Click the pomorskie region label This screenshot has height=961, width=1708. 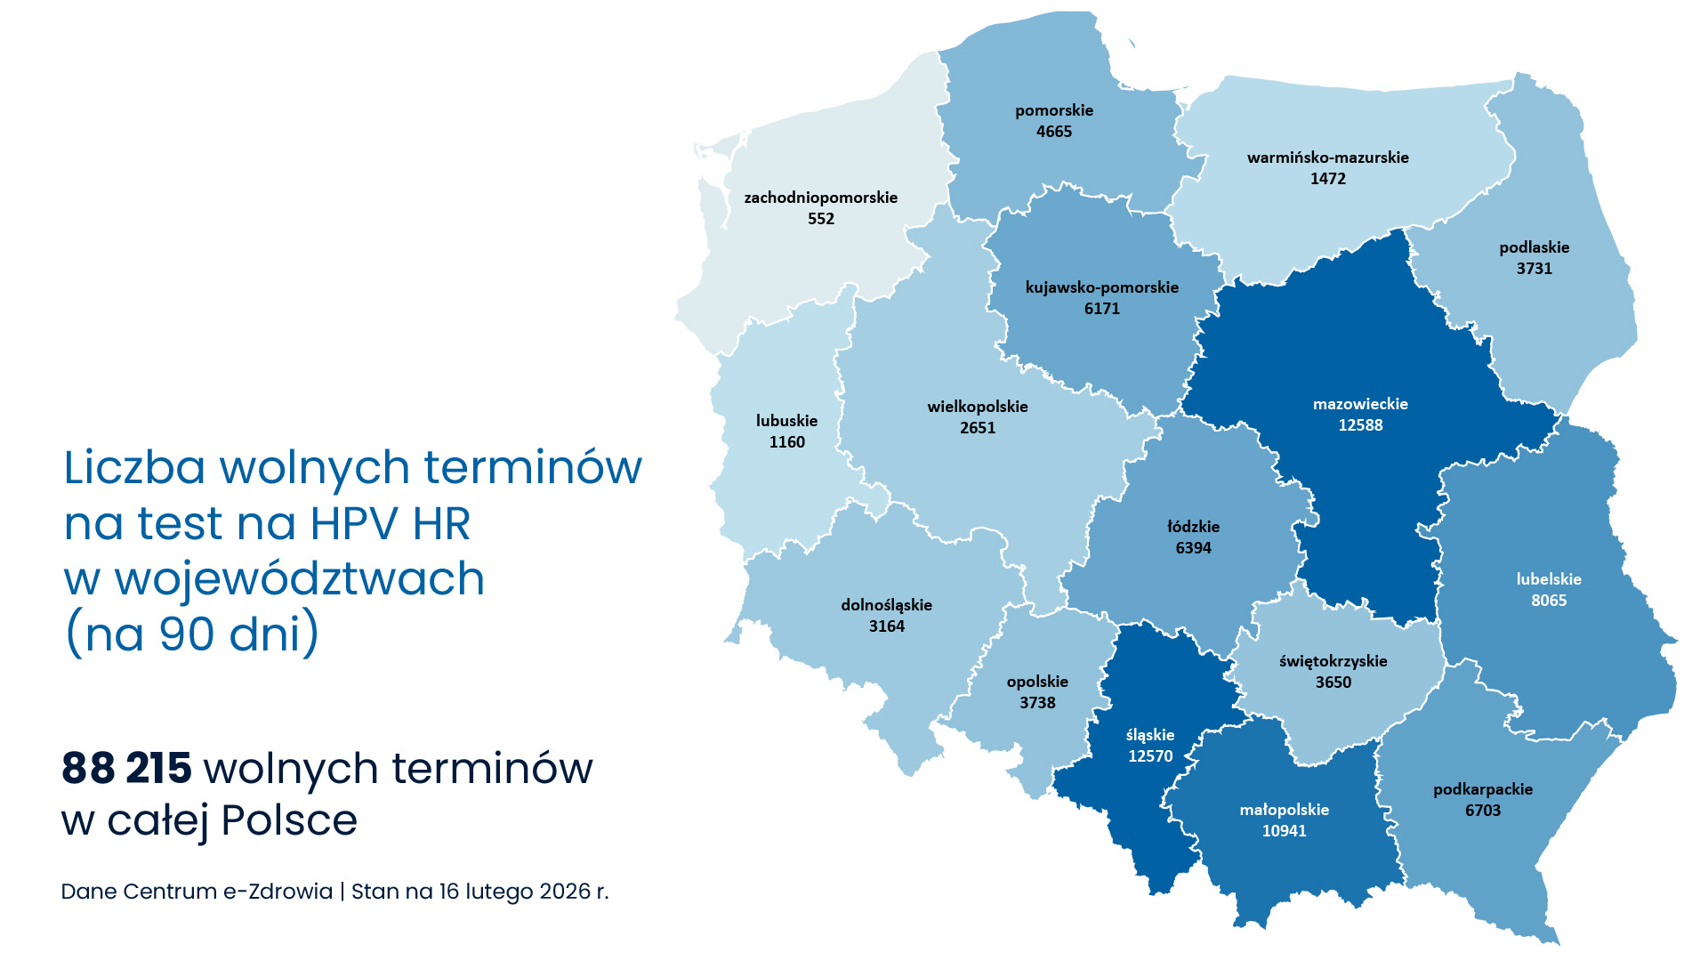1054,110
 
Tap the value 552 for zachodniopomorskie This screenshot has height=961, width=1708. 820,219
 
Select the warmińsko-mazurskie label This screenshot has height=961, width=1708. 1327,157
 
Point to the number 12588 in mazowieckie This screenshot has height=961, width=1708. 1360,425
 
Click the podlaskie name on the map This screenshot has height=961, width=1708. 1534,247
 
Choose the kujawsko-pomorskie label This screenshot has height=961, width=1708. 1101,287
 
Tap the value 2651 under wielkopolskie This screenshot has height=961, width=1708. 977,428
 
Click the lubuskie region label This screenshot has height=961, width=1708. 786,421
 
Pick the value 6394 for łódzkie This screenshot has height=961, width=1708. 1193,548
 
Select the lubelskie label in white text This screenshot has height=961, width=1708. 1548,579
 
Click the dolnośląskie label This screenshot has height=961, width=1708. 886,605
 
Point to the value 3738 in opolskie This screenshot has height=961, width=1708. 1037,703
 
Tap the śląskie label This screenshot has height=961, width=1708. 1149,735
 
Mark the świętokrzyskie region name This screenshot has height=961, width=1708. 1333,661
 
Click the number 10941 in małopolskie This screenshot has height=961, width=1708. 1284,831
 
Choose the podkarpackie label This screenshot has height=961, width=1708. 1482,789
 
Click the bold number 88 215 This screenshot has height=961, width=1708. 126,768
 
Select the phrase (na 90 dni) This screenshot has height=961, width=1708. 192,634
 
